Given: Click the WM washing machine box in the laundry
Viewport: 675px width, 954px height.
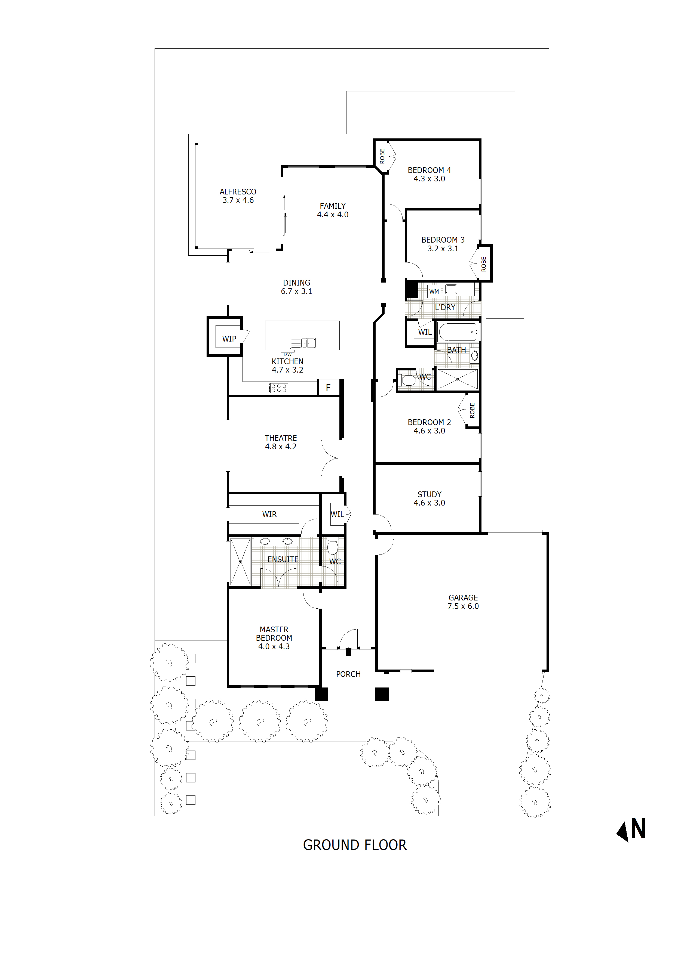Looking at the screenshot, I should click(434, 292).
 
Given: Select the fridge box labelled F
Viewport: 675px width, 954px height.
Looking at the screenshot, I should click(328, 388).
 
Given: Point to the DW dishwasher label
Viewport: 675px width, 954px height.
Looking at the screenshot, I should click(287, 354).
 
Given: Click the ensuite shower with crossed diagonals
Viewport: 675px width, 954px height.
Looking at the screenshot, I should click(240, 562).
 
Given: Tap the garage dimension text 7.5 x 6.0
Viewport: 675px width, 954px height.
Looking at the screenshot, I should click(463, 606).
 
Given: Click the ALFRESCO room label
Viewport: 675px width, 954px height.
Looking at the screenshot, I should click(238, 191).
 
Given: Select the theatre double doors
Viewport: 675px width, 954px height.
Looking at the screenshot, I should click(331, 458).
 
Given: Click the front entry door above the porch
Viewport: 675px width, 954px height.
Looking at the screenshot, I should click(348, 640).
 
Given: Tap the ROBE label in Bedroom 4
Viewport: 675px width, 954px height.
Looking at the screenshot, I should click(382, 156).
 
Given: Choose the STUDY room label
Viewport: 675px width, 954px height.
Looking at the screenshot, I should click(429, 494).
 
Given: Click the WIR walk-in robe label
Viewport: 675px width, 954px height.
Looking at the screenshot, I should click(269, 515).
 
